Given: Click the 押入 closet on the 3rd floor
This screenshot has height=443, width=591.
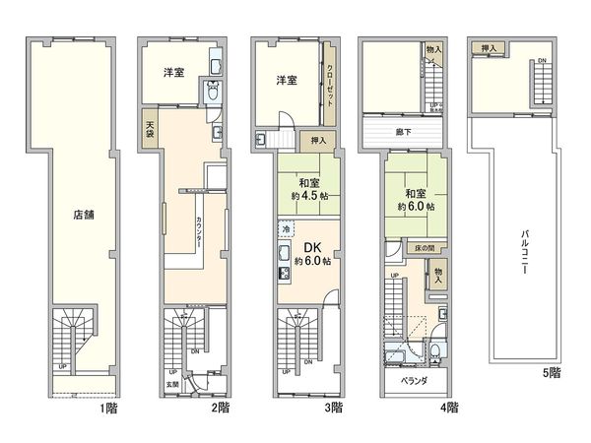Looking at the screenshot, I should tap(318, 140).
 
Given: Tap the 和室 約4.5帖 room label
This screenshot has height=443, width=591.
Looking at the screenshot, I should tap(307, 188).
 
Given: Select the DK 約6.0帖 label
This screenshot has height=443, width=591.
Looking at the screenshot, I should tap(311, 254).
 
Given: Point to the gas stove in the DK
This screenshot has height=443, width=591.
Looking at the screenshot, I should tap(284, 262).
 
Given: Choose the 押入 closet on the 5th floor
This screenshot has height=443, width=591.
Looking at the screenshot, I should tap(488, 47).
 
